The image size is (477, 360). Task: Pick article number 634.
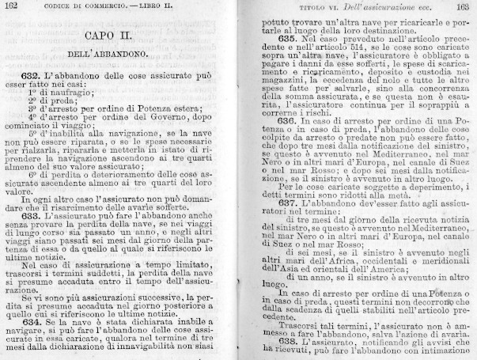(x=34, y=322)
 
